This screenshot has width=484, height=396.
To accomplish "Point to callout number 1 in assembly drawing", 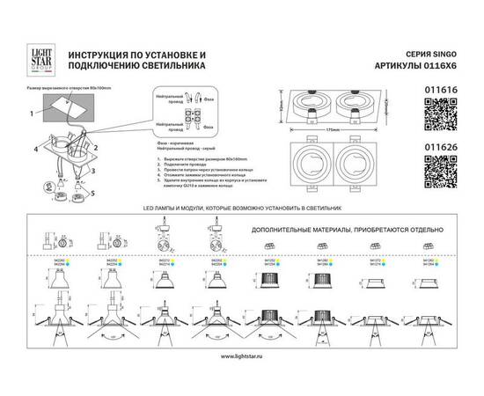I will [x=29, y=113].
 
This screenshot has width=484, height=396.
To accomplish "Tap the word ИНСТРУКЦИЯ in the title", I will [x=96, y=55].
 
